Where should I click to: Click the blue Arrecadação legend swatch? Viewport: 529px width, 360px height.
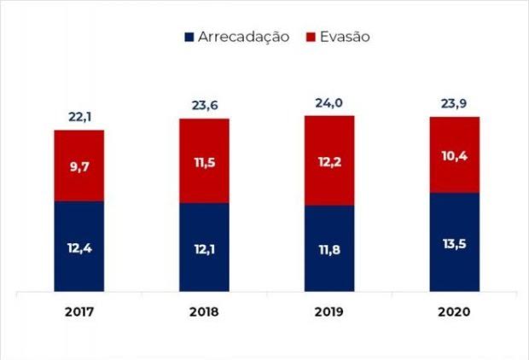coord(189,37)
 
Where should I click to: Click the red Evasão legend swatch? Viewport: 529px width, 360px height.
coord(311,37)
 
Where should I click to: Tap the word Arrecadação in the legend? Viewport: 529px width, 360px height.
coord(243,37)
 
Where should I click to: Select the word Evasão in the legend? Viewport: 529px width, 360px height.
coord(346,37)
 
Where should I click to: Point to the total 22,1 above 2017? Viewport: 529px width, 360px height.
coord(78,116)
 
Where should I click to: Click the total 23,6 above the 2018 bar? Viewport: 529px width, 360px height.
coord(204,106)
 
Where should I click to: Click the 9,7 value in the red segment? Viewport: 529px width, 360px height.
coord(78,167)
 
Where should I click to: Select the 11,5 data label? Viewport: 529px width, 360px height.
coord(204,161)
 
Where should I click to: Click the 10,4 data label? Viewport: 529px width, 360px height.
coord(455,156)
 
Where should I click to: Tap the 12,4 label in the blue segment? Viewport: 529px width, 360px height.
coord(78,247)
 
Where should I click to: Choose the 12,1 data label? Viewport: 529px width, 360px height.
coord(204,248)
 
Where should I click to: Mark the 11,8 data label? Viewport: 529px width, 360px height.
coord(329,249)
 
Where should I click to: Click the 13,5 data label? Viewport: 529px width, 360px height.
coord(455,242)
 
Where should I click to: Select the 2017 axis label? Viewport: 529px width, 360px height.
coord(78,312)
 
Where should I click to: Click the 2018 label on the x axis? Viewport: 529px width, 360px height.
coord(204,312)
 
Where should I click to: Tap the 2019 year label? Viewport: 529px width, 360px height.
coord(329,312)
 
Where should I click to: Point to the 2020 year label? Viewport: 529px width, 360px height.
coord(455,312)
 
